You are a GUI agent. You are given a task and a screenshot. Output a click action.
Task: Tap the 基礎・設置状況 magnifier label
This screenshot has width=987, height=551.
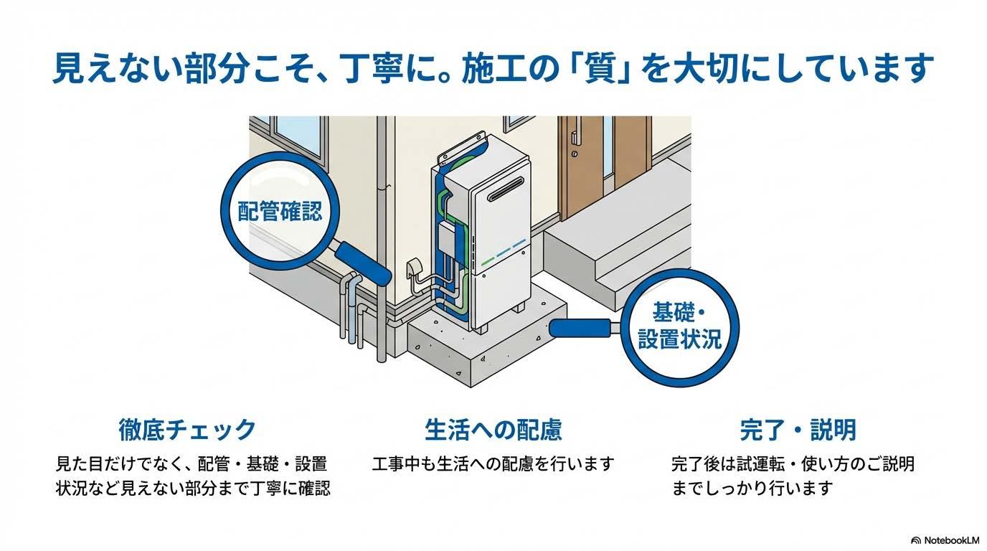(679, 326)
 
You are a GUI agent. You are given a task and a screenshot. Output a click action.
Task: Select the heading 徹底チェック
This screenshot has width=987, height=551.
(187, 430)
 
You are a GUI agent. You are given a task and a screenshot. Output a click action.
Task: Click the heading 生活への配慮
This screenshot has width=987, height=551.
(493, 430)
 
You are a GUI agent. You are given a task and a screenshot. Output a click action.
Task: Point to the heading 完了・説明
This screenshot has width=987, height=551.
(798, 430)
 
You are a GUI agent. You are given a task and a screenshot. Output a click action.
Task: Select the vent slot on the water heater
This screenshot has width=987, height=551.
(506, 193)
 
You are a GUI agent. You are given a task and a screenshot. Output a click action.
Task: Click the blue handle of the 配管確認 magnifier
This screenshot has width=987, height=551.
(363, 263)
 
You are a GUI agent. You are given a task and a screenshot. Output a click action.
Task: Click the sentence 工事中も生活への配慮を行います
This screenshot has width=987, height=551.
(493, 463)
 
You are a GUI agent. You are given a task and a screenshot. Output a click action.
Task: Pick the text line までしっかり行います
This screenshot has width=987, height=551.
(752, 488)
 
